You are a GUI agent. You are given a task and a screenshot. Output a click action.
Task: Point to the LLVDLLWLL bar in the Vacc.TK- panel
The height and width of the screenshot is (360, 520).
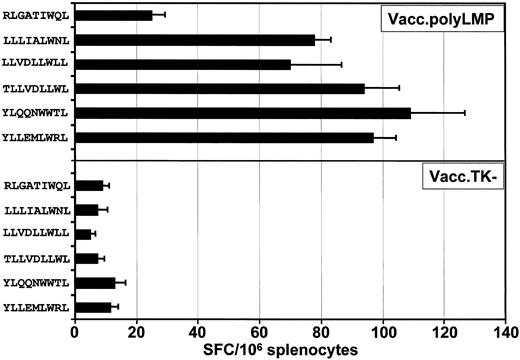[83, 234]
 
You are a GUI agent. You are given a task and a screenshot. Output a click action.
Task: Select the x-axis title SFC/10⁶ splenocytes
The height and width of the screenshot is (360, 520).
[290, 349]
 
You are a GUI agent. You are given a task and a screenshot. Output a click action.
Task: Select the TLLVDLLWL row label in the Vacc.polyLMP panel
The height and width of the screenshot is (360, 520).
[36, 88]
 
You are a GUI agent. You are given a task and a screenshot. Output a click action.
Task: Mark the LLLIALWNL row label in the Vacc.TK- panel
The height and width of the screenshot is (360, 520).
[36, 210]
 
